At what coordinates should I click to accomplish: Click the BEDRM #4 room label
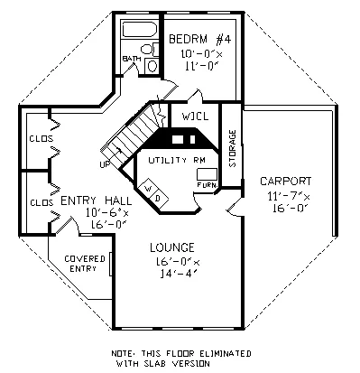[200, 39]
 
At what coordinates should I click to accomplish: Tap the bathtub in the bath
[140, 30]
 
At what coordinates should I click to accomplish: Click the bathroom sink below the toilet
[152, 66]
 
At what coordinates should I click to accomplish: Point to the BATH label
[132, 59]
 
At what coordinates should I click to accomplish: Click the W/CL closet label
[195, 117]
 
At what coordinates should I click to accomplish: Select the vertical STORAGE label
[233, 148]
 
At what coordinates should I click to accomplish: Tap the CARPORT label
[286, 182]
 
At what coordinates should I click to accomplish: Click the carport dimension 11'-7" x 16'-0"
[289, 202]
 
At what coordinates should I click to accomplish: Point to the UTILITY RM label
[177, 160]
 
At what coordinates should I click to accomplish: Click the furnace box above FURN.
[207, 174]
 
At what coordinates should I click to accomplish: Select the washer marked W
[148, 189]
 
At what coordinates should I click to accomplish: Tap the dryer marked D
[158, 199]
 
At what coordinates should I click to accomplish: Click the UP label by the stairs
[105, 164]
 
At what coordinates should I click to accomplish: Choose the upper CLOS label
[42, 139]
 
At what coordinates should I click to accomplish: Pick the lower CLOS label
[42, 202]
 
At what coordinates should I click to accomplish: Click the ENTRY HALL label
[97, 200]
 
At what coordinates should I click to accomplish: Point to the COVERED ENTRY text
[85, 264]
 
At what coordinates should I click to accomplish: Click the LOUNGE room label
[172, 247]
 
